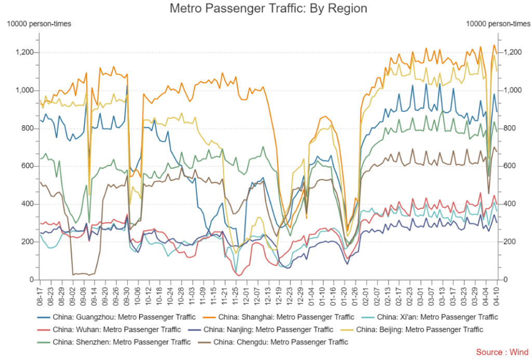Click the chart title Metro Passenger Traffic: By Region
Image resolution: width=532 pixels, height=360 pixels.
coord(268,9)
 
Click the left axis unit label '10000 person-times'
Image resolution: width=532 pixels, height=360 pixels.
coord(38,23)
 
